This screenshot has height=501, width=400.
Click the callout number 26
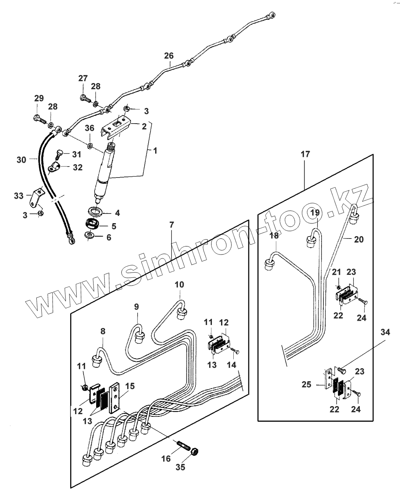(169, 56)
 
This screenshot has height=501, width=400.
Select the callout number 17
(305, 155)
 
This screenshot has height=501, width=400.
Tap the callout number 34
(385, 333)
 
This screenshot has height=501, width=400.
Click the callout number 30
(21, 159)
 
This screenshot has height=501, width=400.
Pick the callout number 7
(171, 225)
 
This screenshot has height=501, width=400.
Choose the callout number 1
(155, 151)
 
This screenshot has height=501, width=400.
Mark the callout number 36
(89, 128)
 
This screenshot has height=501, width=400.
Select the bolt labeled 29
(38, 119)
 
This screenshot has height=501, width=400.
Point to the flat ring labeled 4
(95, 211)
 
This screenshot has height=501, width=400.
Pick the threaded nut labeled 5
(93, 223)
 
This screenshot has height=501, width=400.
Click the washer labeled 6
(90, 235)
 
